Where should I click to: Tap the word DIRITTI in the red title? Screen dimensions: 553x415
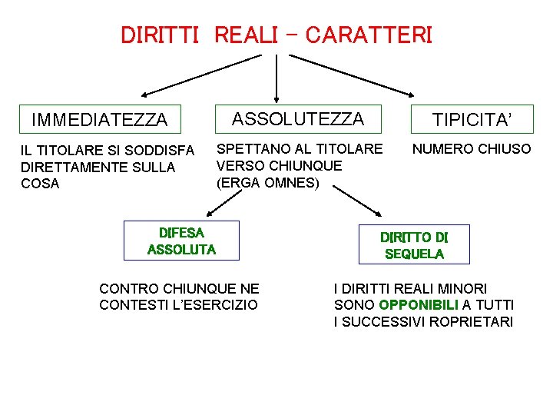click(161, 35)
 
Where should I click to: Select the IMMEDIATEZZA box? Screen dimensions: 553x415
click(99, 119)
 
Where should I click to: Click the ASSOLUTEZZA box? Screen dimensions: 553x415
click(298, 118)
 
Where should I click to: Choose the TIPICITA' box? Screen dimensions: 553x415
click(472, 119)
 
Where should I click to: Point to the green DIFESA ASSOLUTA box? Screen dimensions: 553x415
click(181, 240)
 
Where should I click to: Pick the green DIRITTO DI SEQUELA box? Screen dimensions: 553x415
click(414, 244)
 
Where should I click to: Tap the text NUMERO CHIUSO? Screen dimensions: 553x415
click(472, 148)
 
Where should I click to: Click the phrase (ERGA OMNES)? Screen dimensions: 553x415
click(267, 182)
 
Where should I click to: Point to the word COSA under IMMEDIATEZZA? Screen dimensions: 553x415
click(40, 184)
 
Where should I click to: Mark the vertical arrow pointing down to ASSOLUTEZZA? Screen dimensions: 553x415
click(276, 77)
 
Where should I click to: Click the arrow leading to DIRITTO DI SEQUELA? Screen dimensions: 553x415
click(364, 202)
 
